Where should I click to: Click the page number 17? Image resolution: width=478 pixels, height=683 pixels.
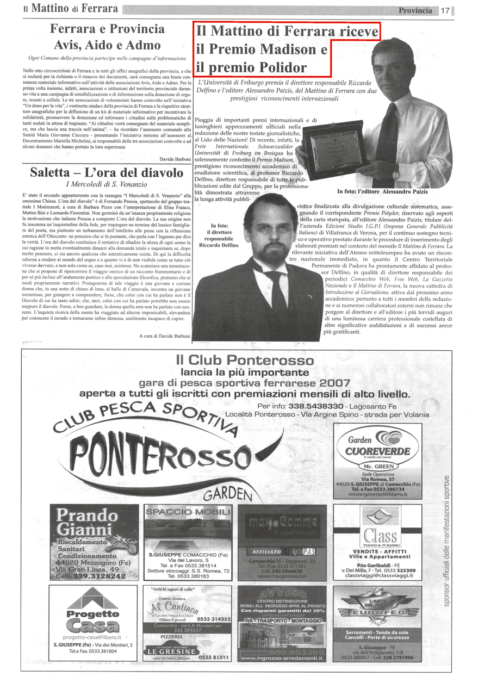(x=445, y=10)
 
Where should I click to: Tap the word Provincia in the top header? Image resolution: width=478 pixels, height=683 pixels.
(x=415, y=10)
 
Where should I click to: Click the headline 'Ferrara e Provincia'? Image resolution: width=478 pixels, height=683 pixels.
(x=107, y=29)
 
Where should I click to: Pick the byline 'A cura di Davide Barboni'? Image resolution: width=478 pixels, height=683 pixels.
(x=164, y=336)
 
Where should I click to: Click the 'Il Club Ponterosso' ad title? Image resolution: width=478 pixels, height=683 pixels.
(x=245, y=360)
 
